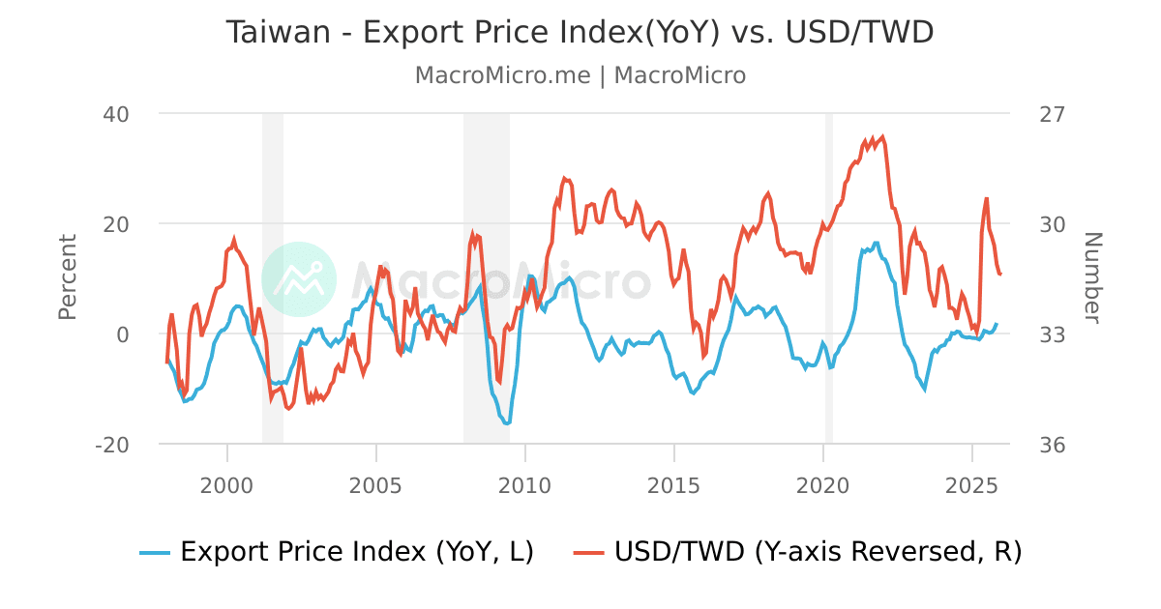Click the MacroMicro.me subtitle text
(502, 75)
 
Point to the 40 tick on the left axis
(116, 114)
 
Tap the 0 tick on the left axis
(123, 334)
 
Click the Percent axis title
(68, 277)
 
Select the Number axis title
(1092, 277)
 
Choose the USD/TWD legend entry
(797, 552)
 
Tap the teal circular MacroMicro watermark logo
(299, 278)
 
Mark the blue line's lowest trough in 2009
(507, 423)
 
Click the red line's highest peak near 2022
(882, 137)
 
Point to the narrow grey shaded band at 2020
(829, 278)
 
